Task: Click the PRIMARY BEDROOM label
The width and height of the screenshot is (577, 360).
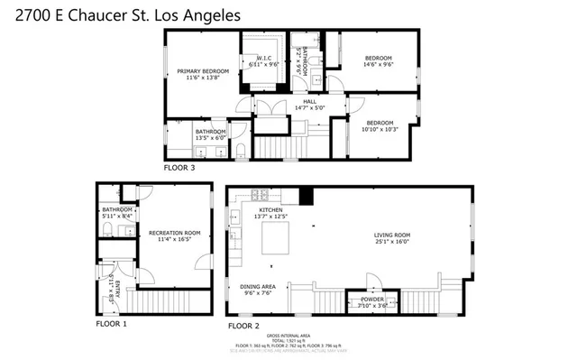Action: tap(202, 71)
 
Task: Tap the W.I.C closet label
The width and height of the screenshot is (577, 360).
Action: tap(264, 59)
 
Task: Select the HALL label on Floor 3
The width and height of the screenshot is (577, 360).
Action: tap(309, 102)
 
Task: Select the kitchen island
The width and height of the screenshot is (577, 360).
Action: tap(274, 241)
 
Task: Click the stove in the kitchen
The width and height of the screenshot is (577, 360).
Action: tap(258, 194)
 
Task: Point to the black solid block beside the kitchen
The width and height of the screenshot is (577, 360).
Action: tap(306, 195)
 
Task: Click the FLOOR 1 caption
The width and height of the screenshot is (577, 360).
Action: tap(112, 323)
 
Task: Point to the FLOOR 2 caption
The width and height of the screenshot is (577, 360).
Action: tap(243, 325)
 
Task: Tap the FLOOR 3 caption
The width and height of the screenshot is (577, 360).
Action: tap(179, 168)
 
